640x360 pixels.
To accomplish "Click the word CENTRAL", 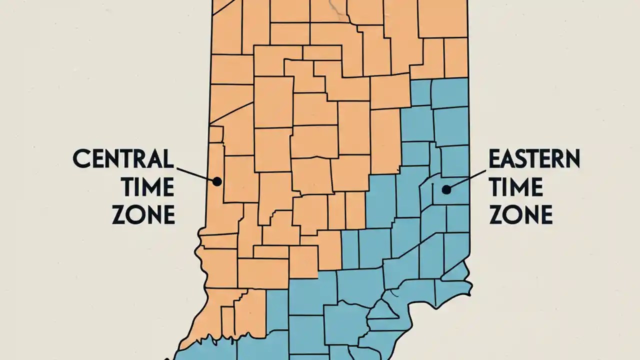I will point(123,159).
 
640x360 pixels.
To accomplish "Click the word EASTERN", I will point(533,159).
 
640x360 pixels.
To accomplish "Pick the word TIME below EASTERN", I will point(515,187).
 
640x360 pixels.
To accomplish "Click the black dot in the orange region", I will point(217,181).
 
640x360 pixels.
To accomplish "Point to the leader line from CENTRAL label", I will point(195,173).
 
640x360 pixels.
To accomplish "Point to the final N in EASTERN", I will point(572,159).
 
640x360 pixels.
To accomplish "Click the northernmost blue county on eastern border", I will point(449,92).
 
